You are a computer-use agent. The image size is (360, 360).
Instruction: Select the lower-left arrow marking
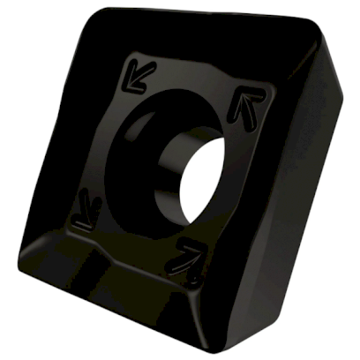[x=86, y=208]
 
